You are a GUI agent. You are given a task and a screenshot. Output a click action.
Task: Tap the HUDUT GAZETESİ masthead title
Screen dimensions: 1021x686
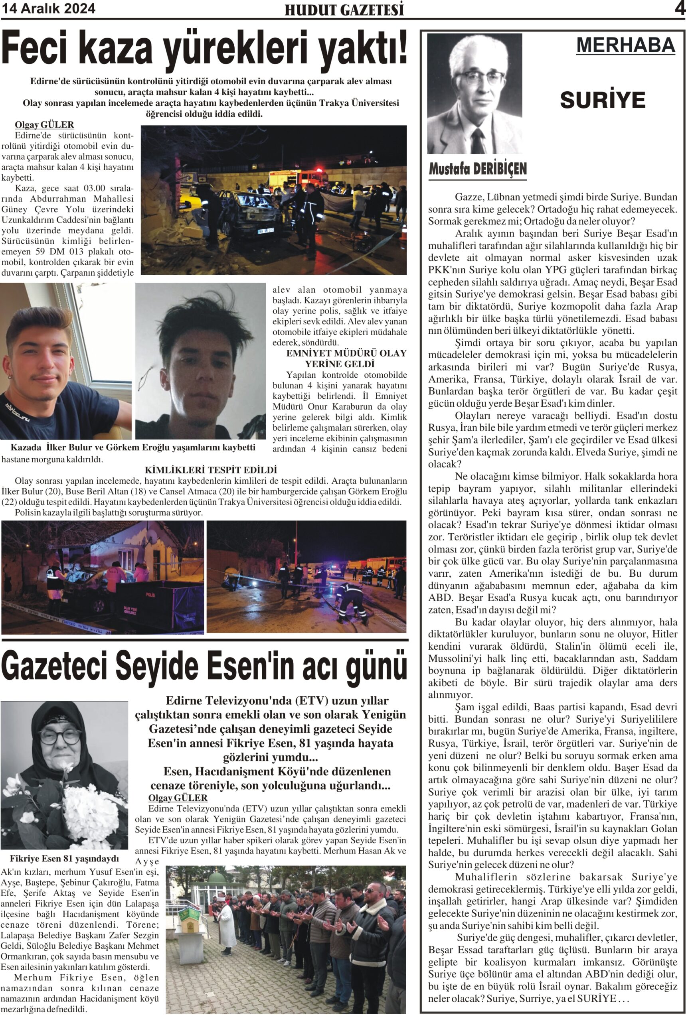[x=344, y=10]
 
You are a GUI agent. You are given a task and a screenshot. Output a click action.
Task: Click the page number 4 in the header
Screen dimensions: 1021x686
[x=680, y=8]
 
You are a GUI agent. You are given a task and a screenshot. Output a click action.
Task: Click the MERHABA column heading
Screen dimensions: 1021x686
[x=625, y=45]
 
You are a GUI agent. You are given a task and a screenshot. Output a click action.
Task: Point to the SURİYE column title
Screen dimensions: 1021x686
[x=603, y=100]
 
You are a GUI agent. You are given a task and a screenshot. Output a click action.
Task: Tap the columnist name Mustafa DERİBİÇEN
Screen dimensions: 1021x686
[x=477, y=169]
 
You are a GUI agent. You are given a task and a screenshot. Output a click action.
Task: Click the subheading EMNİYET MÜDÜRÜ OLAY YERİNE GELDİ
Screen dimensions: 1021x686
[x=340, y=359]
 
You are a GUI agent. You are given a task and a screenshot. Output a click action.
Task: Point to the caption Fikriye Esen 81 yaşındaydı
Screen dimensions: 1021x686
[x=64, y=858]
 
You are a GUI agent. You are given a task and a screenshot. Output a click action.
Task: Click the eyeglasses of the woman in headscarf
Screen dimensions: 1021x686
[x=60, y=736]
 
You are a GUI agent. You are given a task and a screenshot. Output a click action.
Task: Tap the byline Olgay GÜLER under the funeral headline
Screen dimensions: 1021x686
[x=178, y=798]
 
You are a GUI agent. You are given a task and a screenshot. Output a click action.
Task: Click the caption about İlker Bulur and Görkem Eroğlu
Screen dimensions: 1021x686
[x=133, y=447]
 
